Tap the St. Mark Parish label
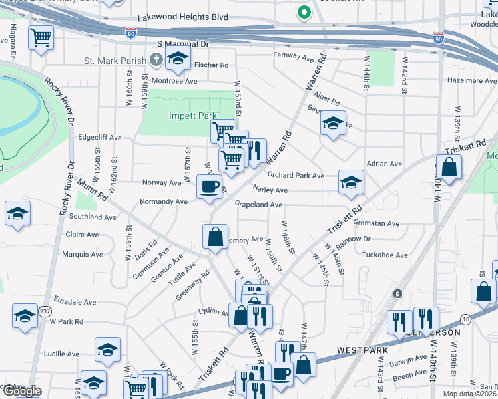pos(115,61)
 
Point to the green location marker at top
pos(303,11)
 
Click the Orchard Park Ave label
pos(296,176)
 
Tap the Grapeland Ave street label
pos(259,205)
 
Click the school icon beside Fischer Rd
pos(178,58)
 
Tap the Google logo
pos(22,391)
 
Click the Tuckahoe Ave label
pos(385,255)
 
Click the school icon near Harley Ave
pos(351,182)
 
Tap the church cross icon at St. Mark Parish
pos(156,61)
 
